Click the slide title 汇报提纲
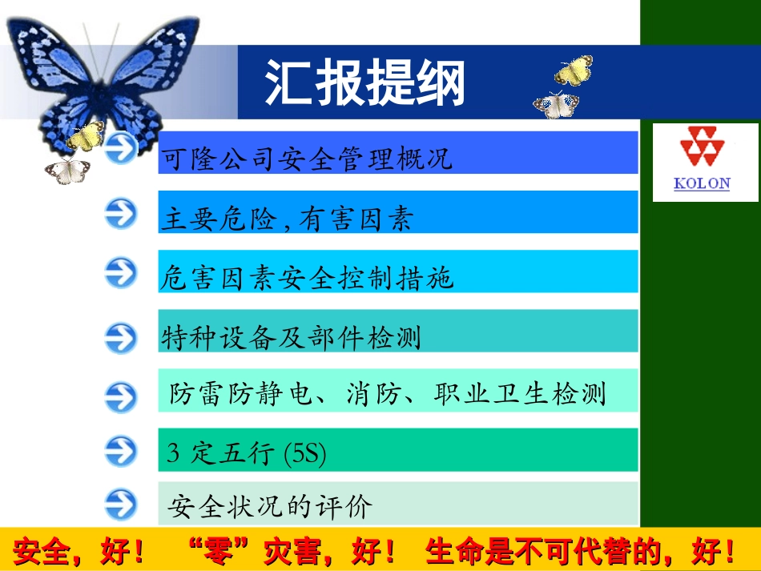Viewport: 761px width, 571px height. tap(364, 82)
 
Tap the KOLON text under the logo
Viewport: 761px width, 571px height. tap(702, 183)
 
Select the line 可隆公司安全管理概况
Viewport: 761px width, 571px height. tap(307, 158)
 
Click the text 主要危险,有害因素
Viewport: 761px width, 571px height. tap(287, 218)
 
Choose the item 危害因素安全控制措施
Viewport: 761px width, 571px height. tap(307, 278)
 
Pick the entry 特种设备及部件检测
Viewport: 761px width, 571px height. tap(291, 337)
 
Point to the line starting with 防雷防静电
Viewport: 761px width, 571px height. tap(388, 393)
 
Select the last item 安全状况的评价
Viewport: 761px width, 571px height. tap(271, 506)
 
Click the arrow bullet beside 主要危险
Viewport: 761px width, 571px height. tap(121, 214)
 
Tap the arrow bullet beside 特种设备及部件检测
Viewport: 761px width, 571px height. tap(121, 337)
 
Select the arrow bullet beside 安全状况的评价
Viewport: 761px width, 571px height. tap(121, 505)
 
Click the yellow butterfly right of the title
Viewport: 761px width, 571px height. tap(574, 71)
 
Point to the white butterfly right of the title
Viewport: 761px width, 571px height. tap(556, 105)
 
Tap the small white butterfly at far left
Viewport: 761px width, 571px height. tap(67, 170)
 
